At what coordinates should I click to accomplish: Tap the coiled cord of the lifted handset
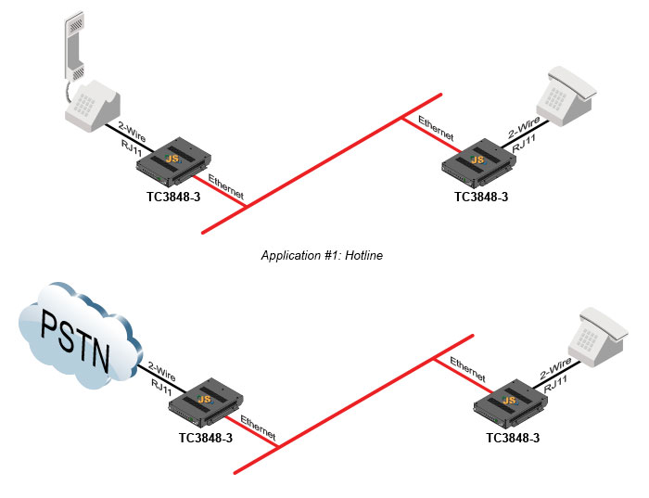[x=67, y=90]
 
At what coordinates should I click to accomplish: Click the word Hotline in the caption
[x=364, y=255]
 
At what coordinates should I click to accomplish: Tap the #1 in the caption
[x=328, y=255]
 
